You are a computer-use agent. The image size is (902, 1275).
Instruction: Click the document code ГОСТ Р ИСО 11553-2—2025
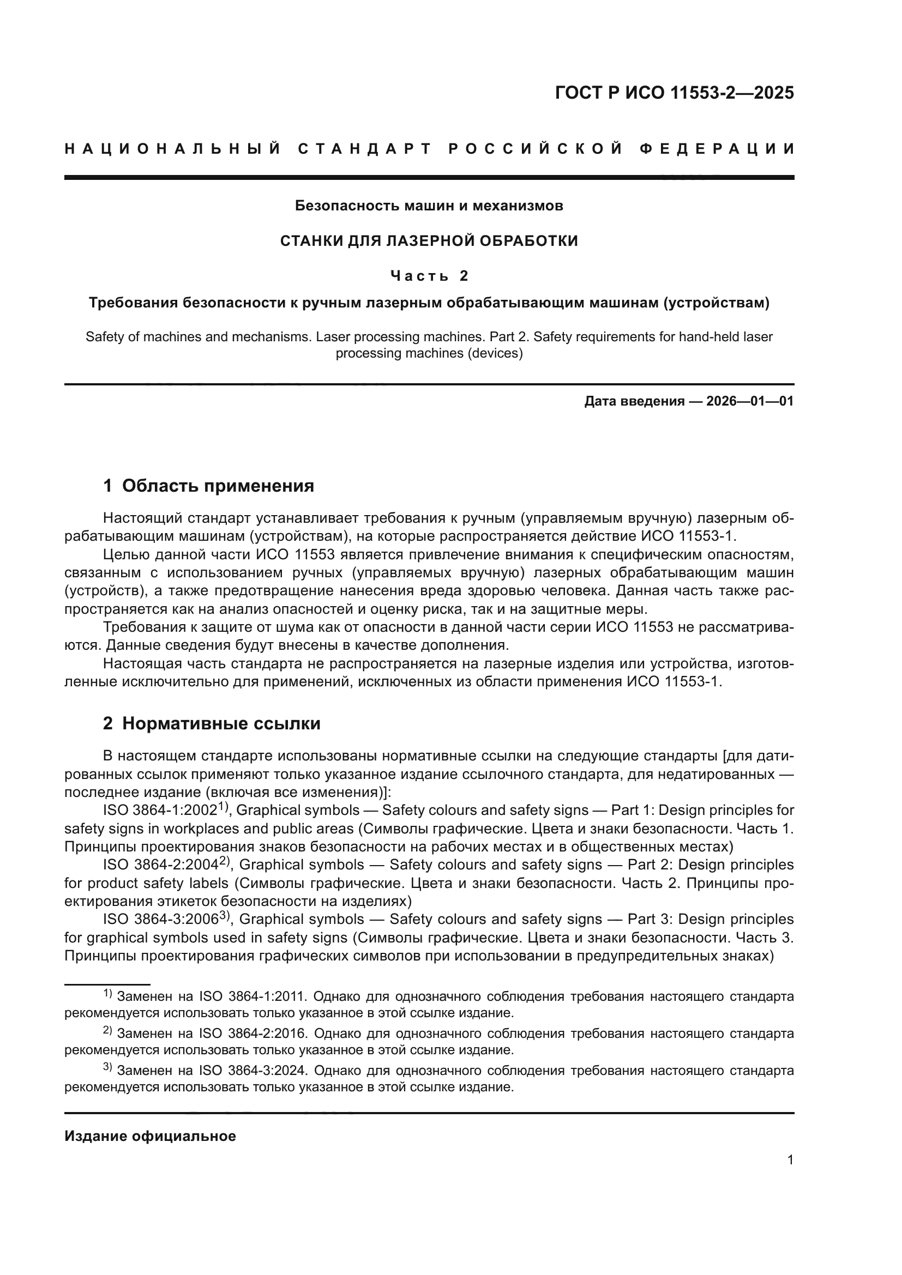pyautogui.click(x=674, y=93)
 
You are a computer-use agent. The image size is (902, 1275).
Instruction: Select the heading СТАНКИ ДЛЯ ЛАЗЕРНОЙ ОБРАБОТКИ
pyautogui.click(x=429, y=240)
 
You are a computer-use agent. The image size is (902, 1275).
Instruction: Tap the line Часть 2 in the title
pyautogui.click(x=429, y=275)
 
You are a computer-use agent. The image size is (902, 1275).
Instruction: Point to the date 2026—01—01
pyautogui.click(x=750, y=401)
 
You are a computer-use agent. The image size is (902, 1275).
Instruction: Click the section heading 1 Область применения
pyautogui.click(x=208, y=486)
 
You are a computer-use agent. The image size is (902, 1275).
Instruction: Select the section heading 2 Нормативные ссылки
pyautogui.click(x=212, y=723)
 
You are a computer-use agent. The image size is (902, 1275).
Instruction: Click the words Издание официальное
pyautogui.click(x=150, y=1136)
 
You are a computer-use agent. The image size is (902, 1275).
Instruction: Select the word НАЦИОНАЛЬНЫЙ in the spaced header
pyautogui.click(x=173, y=149)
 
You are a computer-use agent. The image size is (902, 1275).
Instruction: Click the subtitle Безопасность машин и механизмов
pyautogui.click(x=429, y=206)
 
